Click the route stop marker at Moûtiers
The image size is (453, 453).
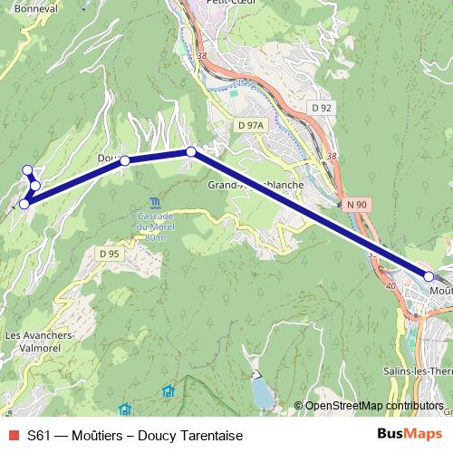coord(429,275)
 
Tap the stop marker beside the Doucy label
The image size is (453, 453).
coord(125,160)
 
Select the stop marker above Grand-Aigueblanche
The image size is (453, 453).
coord(191,152)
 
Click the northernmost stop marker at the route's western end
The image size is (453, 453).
coord(28,169)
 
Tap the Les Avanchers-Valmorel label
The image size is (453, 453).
coord(37,342)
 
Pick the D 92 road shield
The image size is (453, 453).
coord(323,108)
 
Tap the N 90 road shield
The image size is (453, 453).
coord(357,205)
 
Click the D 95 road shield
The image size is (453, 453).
coord(110,253)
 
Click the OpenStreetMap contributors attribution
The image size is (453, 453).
coord(373,406)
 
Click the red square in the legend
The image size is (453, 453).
coord(12,436)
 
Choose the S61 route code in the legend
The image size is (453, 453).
coord(38,436)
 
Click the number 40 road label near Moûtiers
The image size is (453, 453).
coord(391,286)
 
